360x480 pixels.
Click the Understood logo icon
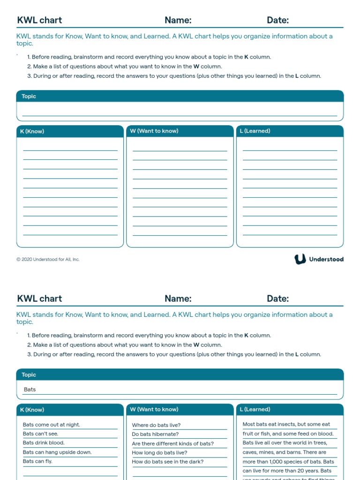300,259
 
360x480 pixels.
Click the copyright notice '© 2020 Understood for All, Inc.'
48,259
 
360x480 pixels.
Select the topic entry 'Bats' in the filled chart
30,390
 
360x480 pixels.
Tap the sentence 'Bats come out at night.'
52,425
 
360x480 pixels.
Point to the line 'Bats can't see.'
41,434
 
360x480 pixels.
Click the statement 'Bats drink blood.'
44,442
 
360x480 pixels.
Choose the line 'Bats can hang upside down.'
57,452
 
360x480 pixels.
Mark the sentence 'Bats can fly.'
37,461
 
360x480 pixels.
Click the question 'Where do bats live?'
156,425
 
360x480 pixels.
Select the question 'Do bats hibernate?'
155,434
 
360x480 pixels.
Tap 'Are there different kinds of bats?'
172,443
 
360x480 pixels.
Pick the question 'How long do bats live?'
159,453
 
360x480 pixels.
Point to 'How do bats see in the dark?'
168,462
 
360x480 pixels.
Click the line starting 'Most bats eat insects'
286,424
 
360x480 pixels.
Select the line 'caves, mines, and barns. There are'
284,452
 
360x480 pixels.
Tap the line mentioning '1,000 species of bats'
288,462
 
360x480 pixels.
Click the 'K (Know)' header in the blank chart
32,131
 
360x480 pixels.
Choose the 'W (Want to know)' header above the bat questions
154,409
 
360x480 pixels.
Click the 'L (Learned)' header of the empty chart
255,131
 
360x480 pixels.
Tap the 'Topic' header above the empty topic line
29,96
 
